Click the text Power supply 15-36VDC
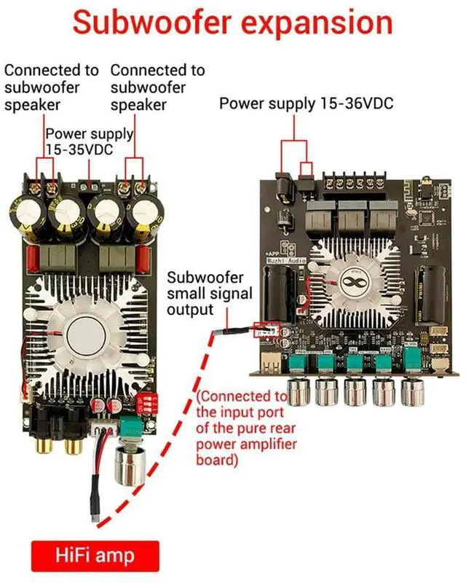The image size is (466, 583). click(306, 103)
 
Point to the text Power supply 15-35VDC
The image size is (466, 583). click(90, 143)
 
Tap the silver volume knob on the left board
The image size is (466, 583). click(126, 463)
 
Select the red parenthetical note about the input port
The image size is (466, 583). click(243, 429)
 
